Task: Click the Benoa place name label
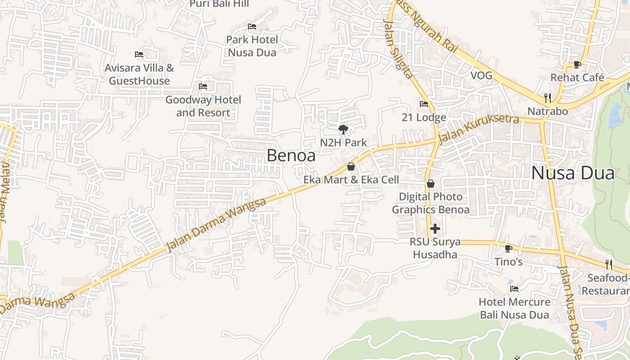(291, 155)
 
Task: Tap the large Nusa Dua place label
(572, 173)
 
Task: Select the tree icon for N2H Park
(343, 130)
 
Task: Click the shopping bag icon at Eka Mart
(351, 166)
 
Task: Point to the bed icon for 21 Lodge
(424, 104)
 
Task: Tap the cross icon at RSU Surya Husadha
(435, 229)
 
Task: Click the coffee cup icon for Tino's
(508, 248)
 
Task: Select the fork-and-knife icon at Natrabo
(548, 98)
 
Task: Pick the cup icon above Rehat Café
(577, 64)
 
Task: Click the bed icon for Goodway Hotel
(203, 86)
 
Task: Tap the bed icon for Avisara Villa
(139, 54)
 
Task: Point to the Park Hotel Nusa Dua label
(252, 46)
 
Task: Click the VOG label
(481, 75)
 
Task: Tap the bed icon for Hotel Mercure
(514, 288)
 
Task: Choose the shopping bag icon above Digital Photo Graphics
(431, 184)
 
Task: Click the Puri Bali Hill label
(219, 4)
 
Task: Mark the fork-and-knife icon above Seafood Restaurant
(609, 264)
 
